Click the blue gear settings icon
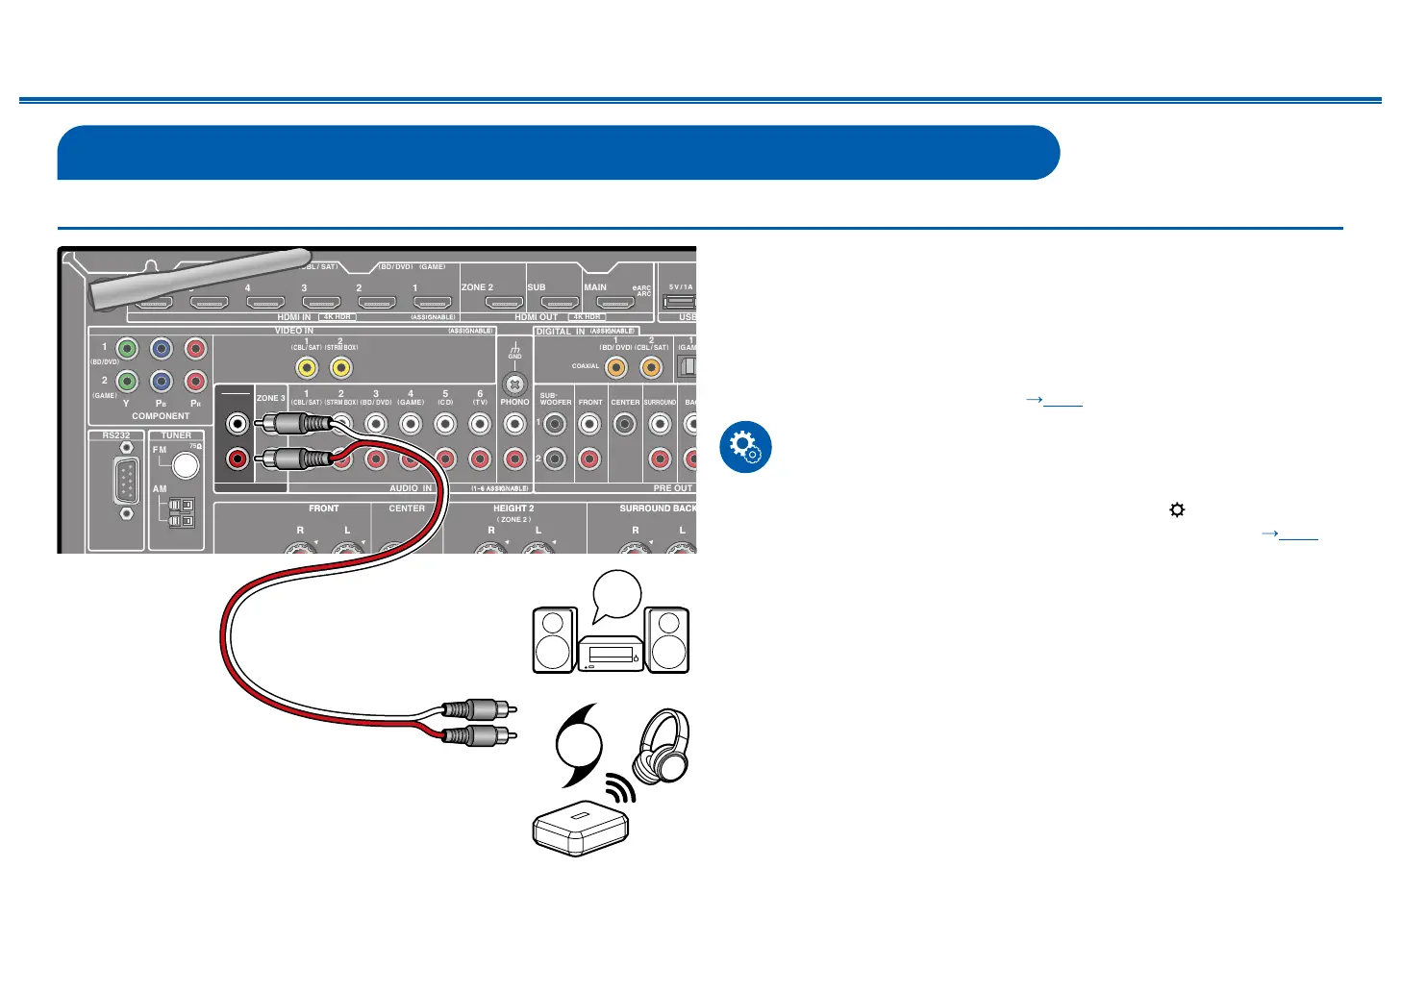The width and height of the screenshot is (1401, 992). click(x=745, y=447)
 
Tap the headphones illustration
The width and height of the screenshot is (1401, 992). click(x=662, y=747)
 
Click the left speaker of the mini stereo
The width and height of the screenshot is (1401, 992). click(x=553, y=639)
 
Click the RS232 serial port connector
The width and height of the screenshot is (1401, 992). click(x=126, y=484)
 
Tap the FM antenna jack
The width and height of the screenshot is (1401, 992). click(x=185, y=465)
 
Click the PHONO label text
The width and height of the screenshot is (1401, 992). click(x=514, y=402)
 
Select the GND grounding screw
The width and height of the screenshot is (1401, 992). click(x=515, y=384)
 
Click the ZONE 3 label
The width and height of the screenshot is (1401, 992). click(x=270, y=398)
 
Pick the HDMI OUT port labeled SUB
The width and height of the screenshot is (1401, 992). click(x=559, y=303)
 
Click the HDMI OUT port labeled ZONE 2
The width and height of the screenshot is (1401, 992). click(x=503, y=303)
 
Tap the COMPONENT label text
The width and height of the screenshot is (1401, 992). click(x=161, y=416)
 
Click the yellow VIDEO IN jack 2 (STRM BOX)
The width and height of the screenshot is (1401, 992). click(x=340, y=368)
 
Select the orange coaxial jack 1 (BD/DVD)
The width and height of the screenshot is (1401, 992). click(x=616, y=367)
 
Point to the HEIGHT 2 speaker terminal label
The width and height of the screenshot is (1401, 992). click(x=513, y=508)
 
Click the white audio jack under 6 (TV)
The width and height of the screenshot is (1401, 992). click(x=480, y=424)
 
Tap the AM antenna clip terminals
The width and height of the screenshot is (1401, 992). click(x=181, y=512)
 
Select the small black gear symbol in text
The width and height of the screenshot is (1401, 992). click(x=1177, y=510)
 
